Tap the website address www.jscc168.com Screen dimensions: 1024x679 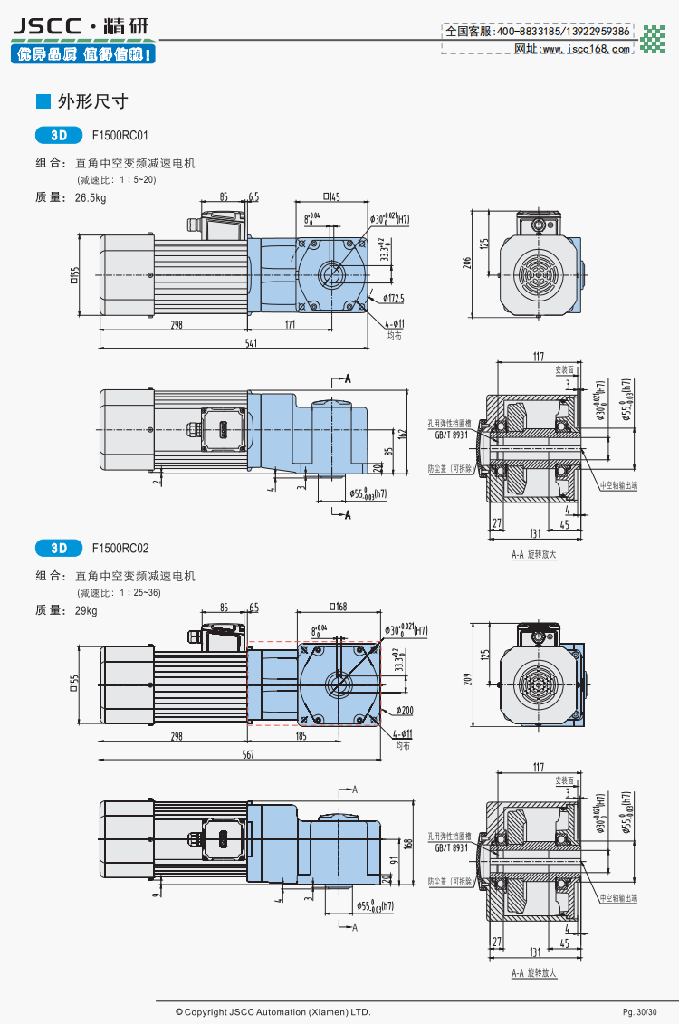coord(585,49)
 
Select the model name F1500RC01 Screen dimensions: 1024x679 coord(120,136)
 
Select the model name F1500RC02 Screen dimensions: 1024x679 coord(120,548)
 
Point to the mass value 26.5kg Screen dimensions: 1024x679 coord(90,197)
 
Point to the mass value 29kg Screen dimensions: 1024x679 coord(85,610)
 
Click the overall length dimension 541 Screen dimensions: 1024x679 coord(250,343)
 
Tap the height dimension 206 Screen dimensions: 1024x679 coord(467,263)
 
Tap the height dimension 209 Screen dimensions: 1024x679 coord(467,676)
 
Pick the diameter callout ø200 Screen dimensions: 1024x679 coord(404,711)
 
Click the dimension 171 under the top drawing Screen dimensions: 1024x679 coord(291,325)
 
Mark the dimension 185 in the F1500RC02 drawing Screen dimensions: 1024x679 coord(301,737)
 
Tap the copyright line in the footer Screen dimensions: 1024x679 coord(273,1011)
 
